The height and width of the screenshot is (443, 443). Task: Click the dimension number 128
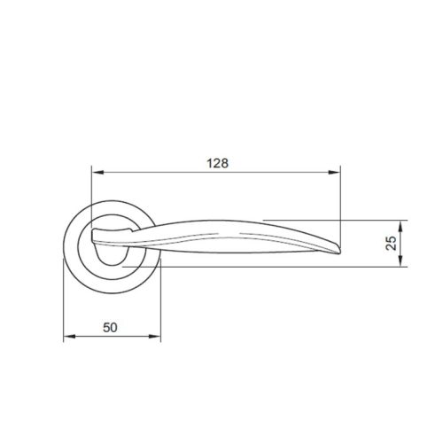(217, 163)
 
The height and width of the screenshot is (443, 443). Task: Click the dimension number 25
(391, 243)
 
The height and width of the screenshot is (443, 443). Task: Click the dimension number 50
(111, 326)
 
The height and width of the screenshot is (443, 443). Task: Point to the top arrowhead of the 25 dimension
(403, 224)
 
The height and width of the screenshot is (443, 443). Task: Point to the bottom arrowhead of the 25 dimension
(403, 260)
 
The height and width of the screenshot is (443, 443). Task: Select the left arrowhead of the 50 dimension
(69, 337)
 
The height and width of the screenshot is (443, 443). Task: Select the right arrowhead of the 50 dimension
(159, 337)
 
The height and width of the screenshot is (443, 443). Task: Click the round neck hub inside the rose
(111, 253)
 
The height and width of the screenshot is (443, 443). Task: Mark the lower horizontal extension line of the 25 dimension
(266, 265)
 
